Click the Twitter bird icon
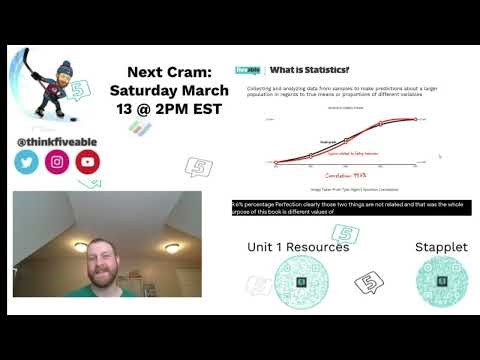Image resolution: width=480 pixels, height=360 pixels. pos(27,162)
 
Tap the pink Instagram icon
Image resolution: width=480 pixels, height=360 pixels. pos(57,162)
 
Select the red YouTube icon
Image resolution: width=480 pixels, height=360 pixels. pos(87,162)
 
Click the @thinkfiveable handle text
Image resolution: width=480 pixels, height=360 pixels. pos(56,141)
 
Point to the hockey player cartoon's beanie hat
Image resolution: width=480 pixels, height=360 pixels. pos(66,69)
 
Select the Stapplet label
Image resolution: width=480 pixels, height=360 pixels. pos(440,246)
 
